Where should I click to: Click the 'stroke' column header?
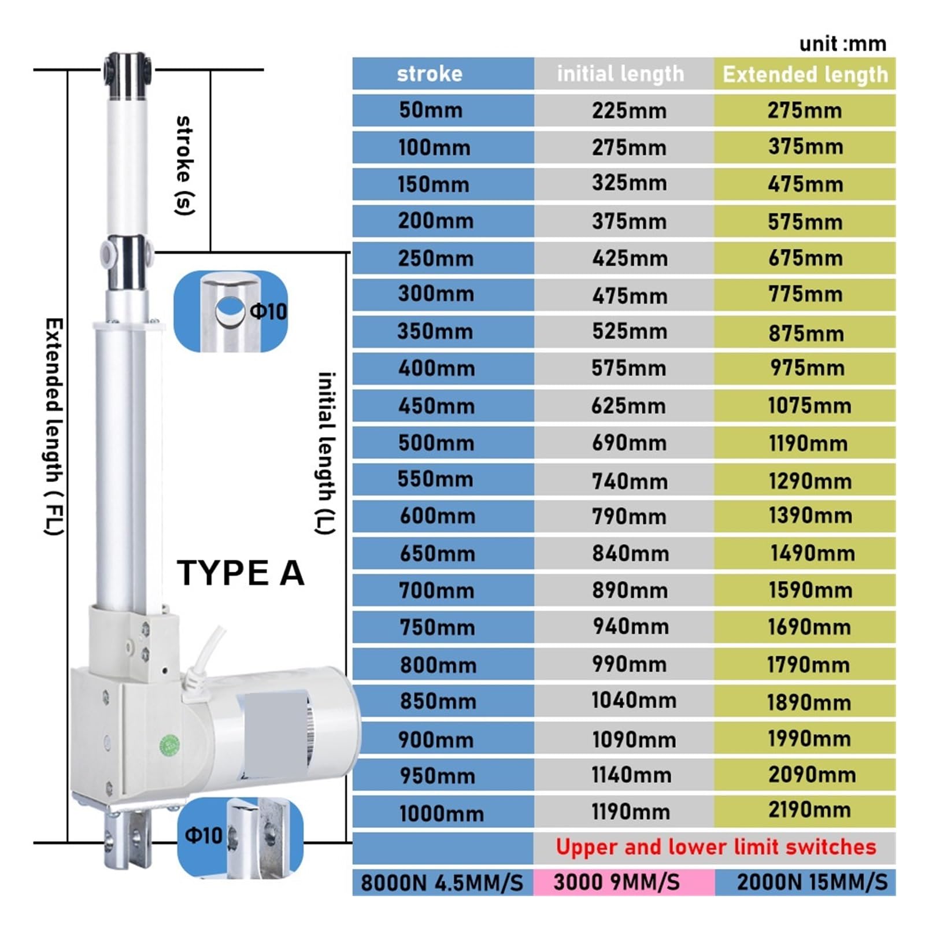[x=430, y=74]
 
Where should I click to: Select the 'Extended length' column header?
[x=805, y=75]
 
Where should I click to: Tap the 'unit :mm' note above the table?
[x=842, y=44]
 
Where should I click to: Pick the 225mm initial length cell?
[x=629, y=110]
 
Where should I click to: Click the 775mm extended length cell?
[x=805, y=294]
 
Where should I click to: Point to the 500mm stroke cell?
[x=436, y=443]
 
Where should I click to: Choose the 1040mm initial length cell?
[x=633, y=701]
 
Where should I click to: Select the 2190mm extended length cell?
[x=809, y=811]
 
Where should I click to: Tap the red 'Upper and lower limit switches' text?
[x=716, y=848]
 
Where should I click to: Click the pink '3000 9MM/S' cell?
[x=616, y=883]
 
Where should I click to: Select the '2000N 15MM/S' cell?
[x=812, y=883]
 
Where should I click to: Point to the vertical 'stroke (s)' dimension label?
[x=184, y=165]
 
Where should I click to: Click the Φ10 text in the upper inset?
[x=268, y=312]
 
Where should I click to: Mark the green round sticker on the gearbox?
[x=169, y=746]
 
